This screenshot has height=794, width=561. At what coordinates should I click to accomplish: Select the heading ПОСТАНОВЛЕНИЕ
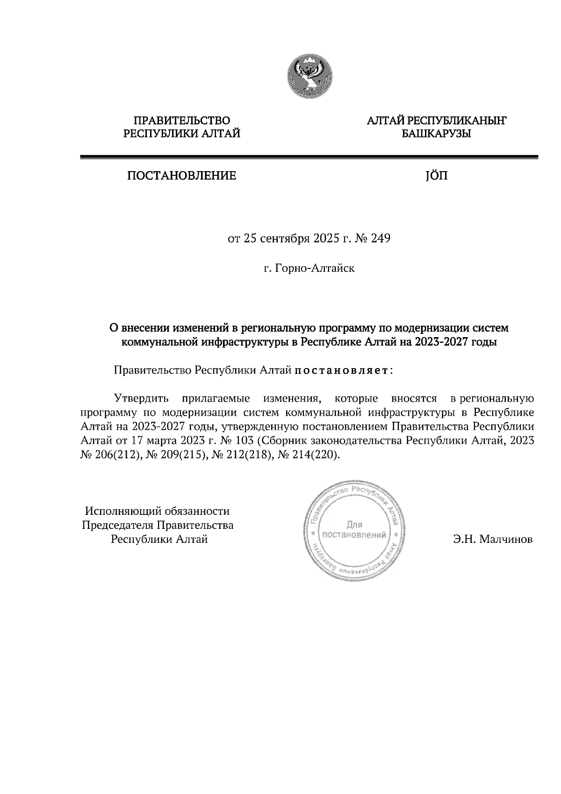click(x=181, y=176)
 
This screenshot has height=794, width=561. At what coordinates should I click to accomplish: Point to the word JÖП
click(x=436, y=176)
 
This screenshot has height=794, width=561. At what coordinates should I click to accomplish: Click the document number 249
click(x=381, y=239)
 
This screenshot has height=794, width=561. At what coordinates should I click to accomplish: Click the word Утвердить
click(x=141, y=399)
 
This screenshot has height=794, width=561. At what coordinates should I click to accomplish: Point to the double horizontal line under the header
click(x=309, y=158)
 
